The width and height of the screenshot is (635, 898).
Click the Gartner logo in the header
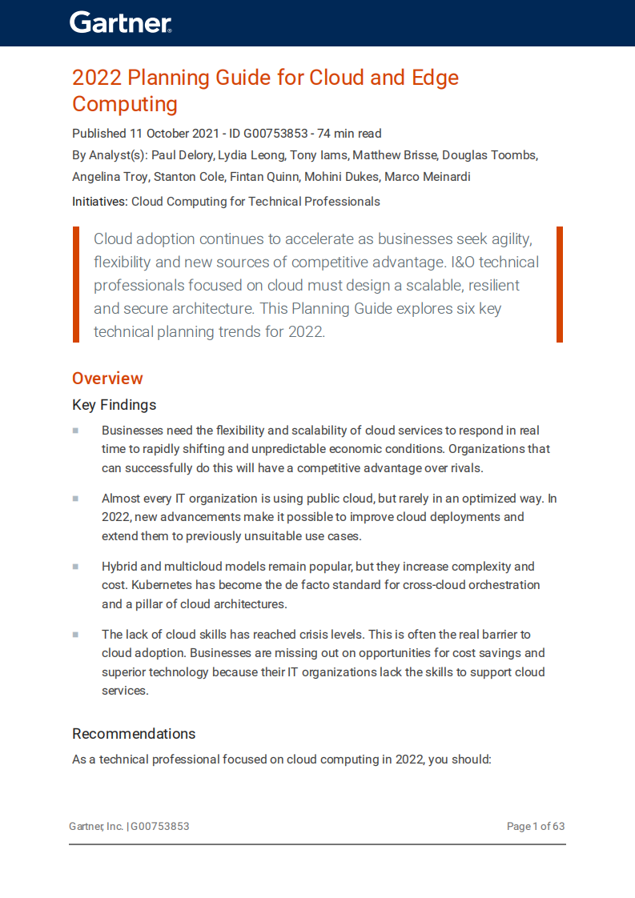pos(120,22)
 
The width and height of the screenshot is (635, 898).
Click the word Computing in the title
pos(125,104)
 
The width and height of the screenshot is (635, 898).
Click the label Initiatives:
pos(99,202)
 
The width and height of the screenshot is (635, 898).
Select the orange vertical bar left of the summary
pos(76,284)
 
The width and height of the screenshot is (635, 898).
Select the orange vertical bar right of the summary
pos(560,284)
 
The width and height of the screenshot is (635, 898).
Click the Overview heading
pos(107,379)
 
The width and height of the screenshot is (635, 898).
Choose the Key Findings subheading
pos(114,405)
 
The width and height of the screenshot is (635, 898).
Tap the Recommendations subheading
pos(134,734)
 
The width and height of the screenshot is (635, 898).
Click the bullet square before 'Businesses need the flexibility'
pos(75,431)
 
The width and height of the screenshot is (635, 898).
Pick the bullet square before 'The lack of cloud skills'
pos(75,635)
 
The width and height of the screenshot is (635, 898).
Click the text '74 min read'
pos(349,134)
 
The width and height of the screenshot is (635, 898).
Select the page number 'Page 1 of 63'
pos(535,826)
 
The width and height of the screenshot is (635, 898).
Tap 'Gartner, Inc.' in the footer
pos(96,826)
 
